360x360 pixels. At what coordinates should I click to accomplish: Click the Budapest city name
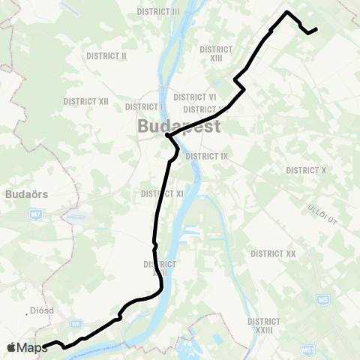pyautogui.click(x=178, y=126)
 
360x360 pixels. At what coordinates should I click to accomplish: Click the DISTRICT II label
pyautogui.click(x=106, y=56)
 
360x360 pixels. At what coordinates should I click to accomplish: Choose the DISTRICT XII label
pyautogui.click(x=86, y=100)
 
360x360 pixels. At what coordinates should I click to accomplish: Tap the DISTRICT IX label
pyautogui.click(x=206, y=156)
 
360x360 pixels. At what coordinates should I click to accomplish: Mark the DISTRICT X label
pyautogui.click(x=306, y=170)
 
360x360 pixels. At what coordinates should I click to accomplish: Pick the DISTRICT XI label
pyautogui.click(x=163, y=193)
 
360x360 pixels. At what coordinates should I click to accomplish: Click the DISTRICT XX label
pyautogui.click(x=274, y=254)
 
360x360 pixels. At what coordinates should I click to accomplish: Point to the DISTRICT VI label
pyautogui.click(x=195, y=97)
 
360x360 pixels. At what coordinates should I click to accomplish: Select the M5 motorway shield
pyautogui.click(x=323, y=300)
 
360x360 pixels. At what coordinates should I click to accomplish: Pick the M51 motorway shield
pyautogui.click(x=308, y=349)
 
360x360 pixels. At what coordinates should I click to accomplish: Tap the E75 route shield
pyautogui.click(x=76, y=324)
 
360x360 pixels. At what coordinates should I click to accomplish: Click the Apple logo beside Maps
pyautogui.click(x=11, y=347)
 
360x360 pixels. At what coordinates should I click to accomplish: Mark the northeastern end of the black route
pyautogui.click(x=316, y=29)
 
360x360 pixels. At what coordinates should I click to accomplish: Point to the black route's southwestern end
pyautogui.click(x=45, y=346)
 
